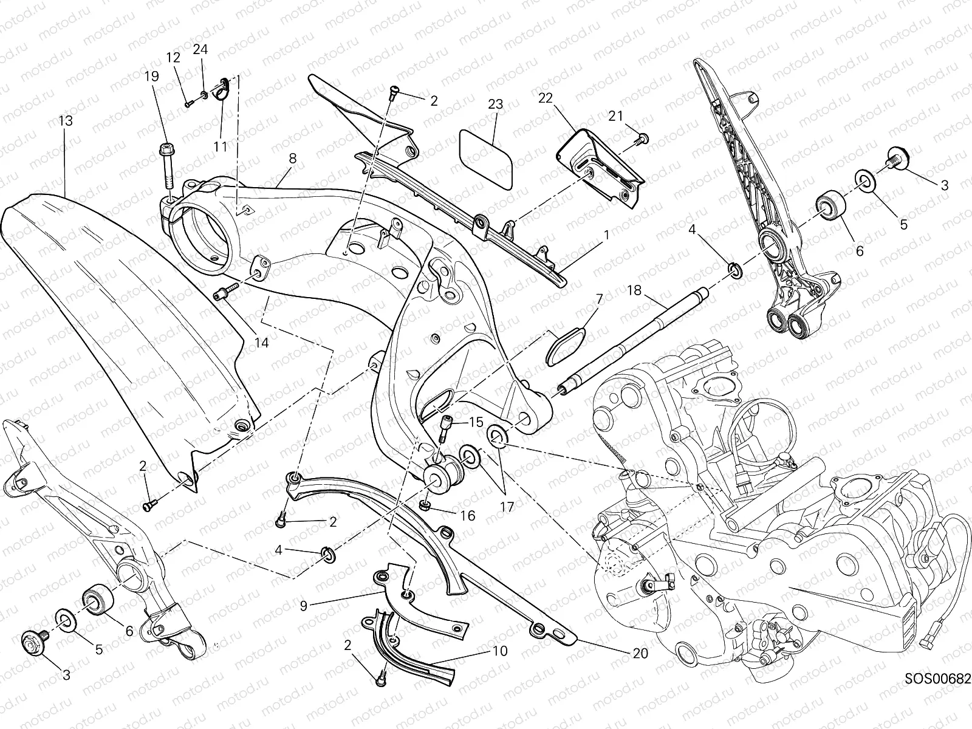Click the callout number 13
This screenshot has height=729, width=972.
click(66, 121)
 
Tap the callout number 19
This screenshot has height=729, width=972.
click(151, 77)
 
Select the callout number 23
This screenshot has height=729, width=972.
click(496, 104)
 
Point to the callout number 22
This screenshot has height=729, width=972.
click(546, 98)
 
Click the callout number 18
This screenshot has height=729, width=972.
click(634, 290)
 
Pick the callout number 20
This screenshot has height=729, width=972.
click(640, 653)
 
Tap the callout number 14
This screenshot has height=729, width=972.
click(261, 343)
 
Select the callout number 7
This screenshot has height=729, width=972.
click(600, 299)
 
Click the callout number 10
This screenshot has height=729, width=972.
click(500, 651)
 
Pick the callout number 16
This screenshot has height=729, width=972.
click(468, 516)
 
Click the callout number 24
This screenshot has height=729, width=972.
click(200, 49)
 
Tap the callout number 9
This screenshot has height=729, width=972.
click(303, 606)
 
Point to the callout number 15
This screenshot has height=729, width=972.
click(476, 422)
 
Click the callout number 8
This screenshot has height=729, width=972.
click(292, 159)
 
